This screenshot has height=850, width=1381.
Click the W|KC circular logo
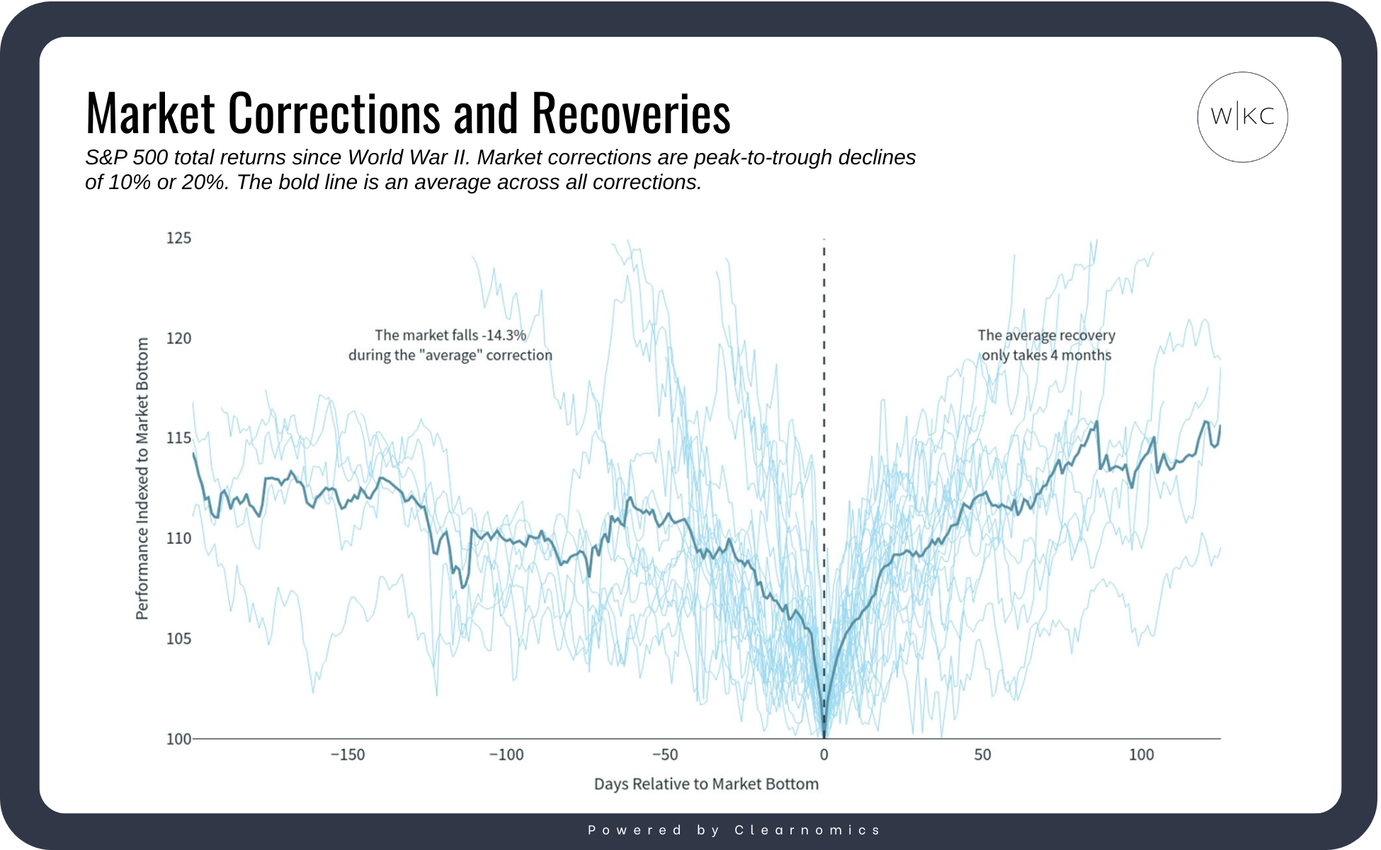pos(1242,117)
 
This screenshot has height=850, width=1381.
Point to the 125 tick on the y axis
pos(178,238)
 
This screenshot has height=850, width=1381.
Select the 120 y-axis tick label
pos(178,339)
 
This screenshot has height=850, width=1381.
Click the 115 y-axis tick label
pos(178,438)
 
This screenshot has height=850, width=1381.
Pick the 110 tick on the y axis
pos(178,539)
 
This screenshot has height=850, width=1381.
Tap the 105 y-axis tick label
pos(178,639)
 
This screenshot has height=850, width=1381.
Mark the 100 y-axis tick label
pos(178,739)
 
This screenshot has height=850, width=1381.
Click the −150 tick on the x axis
pos(348,755)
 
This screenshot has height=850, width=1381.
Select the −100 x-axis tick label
pos(506,755)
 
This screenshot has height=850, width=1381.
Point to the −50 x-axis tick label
pos(665,755)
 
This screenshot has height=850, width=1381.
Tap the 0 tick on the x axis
pos(824,755)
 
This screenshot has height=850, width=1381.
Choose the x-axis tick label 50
pos(982,755)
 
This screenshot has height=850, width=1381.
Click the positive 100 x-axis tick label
pos(1141,755)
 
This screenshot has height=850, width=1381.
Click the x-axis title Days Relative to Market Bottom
pos(706,784)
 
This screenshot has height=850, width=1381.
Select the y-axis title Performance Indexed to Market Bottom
pos(142,478)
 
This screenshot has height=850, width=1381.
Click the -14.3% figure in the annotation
pos(504,335)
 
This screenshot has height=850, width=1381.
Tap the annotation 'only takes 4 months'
pos(1046,355)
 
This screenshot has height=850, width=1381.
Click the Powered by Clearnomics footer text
pos(734,830)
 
